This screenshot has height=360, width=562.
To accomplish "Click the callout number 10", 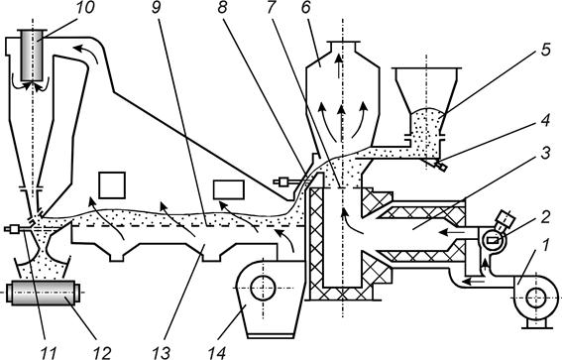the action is pyautogui.click(x=83, y=8).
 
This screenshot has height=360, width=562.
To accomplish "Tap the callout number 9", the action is pyautogui.click(x=156, y=8).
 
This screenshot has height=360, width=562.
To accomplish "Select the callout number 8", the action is pyautogui.click(x=222, y=8).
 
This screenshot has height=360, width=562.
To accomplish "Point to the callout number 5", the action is pyautogui.click(x=545, y=50).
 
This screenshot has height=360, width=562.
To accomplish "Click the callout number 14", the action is pyautogui.click(x=216, y=353).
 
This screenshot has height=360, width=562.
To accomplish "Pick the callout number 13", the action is pyautogui.click(x=161, y=353).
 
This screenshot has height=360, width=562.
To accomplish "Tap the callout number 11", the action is pyautogui.click(x=47, y=353).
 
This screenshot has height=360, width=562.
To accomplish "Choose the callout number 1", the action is pyautogui.click(x=544, y=246).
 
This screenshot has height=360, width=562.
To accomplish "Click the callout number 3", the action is pyautogui.click(x=544, y=153).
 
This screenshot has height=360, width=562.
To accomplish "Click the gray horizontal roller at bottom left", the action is pyautogui.click(x=45, y=293).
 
